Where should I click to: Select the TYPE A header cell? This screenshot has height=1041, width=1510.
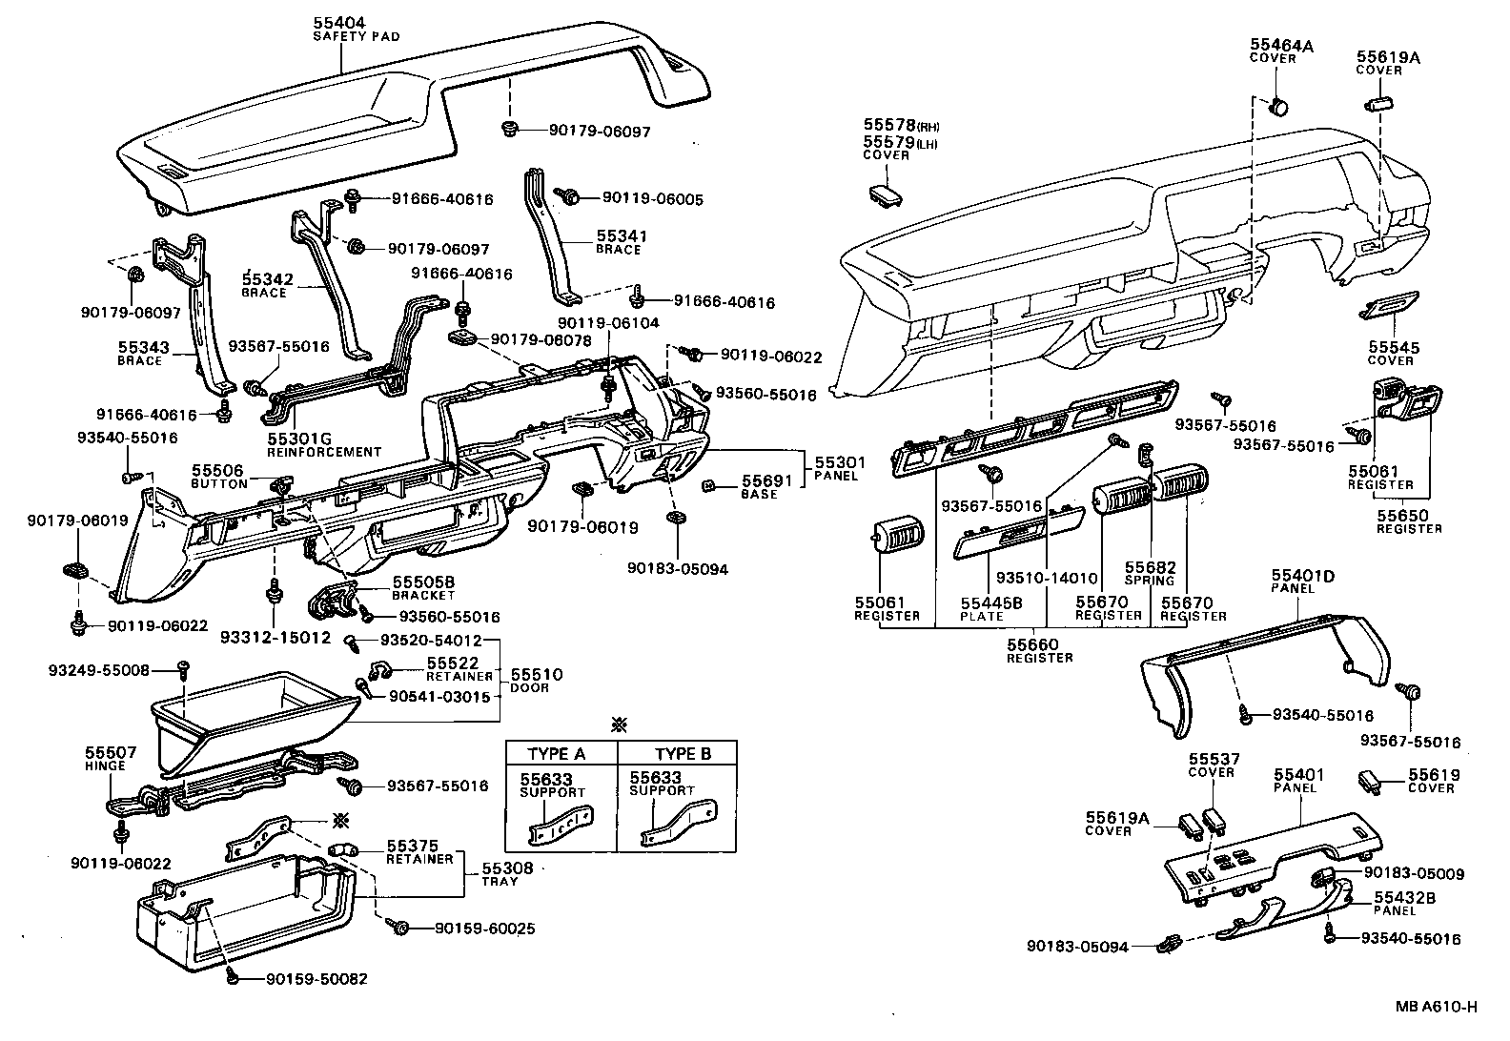click(557, 753)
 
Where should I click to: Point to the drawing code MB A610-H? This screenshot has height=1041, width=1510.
click(1437, 1007)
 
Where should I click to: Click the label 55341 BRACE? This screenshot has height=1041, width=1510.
click(620, 240)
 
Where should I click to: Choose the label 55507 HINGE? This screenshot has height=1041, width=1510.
click(111, 759)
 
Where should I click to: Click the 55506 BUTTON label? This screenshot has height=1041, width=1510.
click(218, 477)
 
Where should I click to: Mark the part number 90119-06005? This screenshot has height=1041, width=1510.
click(652, 199)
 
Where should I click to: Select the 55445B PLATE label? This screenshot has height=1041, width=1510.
click(990, 608)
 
